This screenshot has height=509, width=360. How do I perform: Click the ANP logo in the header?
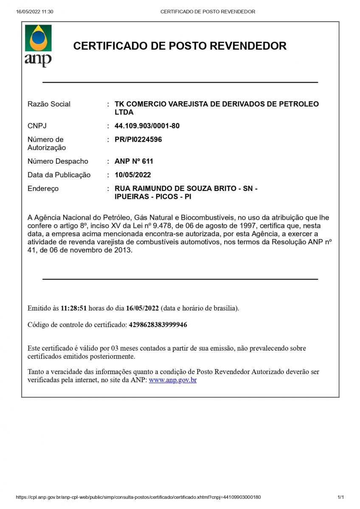pyautogui.click(x=38, y=45)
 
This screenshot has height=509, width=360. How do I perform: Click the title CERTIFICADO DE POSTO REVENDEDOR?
pyautogui.click(x=180, y=46)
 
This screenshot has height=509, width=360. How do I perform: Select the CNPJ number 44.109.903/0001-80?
pyautogui.click(x=147, y=126)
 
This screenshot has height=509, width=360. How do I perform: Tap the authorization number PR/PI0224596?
pyautogui.click(x=138, y=140)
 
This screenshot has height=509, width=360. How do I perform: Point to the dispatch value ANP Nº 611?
pyautogui.click(x=134, y=161)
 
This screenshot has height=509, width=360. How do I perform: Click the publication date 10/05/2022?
pyautogui.click(x=132, y=175)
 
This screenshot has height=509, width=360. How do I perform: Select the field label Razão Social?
pyautogui.click(x=49, y=104)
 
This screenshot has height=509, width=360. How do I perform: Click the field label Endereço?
pyautogui.click(x=43, y=188)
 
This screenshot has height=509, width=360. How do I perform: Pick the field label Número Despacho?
pyautogui.click(x=58, y=161)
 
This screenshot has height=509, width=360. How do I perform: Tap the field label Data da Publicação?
pyautogui.click(x=59, y=175)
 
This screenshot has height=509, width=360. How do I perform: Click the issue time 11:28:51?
pyautogui.click(x=74, y=308)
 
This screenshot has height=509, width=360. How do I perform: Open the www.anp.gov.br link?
pyautogui.click(x=173, y=380)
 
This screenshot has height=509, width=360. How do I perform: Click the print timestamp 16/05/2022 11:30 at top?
pyautogui.click(x=35, y=12)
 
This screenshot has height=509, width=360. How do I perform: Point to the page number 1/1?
pyautogui.click(x=340, y=497)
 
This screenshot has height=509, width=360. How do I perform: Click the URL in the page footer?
pyautogui.click(x=138, y=497)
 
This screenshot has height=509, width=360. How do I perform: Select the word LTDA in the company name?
pyautogui.click(x=124, y=112)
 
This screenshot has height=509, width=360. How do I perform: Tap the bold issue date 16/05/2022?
pyautogui.click(x=142, y=308)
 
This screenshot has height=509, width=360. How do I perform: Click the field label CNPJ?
pyautogui.click(x=37, y=126)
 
